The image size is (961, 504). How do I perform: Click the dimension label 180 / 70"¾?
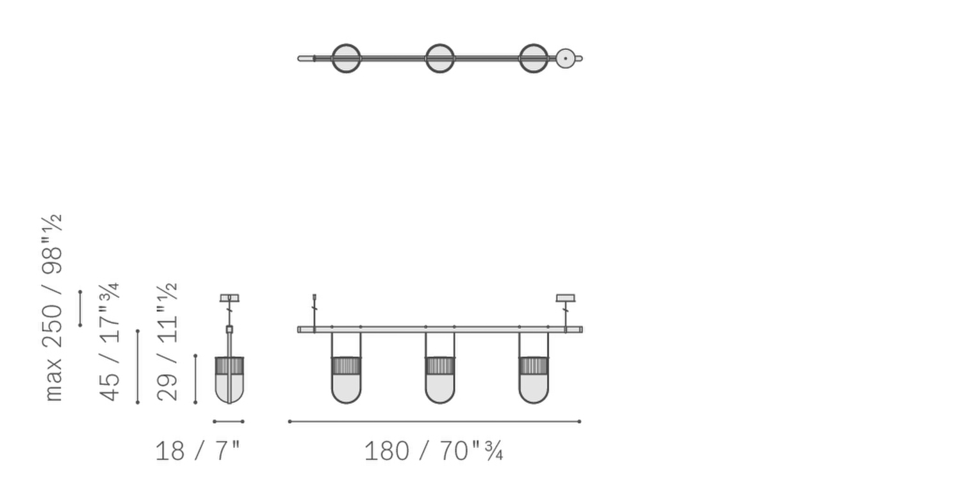(433, 451)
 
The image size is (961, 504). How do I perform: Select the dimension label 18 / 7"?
(197, 451)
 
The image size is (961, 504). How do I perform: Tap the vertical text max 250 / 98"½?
(53, 308)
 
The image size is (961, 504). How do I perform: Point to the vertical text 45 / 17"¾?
(110, 342)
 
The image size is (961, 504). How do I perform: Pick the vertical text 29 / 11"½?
(168, 342)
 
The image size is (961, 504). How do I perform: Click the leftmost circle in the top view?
(346, 58)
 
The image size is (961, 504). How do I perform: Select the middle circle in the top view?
(440, 58)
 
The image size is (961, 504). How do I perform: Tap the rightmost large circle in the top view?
(533, 58)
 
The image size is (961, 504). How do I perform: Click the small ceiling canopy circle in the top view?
(565, 58)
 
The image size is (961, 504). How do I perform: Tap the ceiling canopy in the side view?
(229, 298)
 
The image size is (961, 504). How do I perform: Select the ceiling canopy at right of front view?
(565, 298)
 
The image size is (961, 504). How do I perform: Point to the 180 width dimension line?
(434, 421)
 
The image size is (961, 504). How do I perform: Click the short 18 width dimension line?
(228, 421)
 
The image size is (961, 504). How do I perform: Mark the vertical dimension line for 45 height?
(138, 366)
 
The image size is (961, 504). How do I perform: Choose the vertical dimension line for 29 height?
(195, 378)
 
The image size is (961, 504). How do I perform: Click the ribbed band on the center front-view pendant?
(440, 366)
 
